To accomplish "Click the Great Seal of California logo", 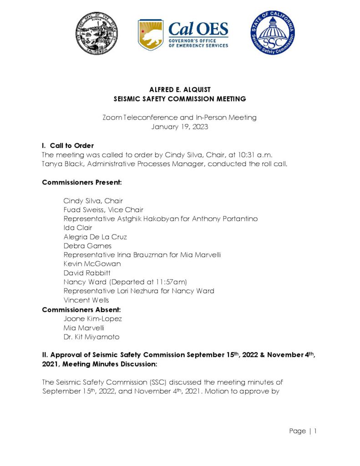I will (x=97, y=33).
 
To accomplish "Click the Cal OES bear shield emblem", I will (x=150, y=35).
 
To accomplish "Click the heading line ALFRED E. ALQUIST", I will (x=179, y=90).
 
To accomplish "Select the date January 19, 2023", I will (x=179, y=127).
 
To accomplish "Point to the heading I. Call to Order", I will (x=68, y=146).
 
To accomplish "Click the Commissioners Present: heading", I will (x=81, y=182).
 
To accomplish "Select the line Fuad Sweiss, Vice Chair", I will (x=103, y=210).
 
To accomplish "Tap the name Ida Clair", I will (x=78, y=228).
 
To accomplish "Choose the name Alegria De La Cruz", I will (x=95, y=237).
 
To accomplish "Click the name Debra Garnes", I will (x=87, y=246).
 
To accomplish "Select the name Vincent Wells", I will (x=86, y=300).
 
